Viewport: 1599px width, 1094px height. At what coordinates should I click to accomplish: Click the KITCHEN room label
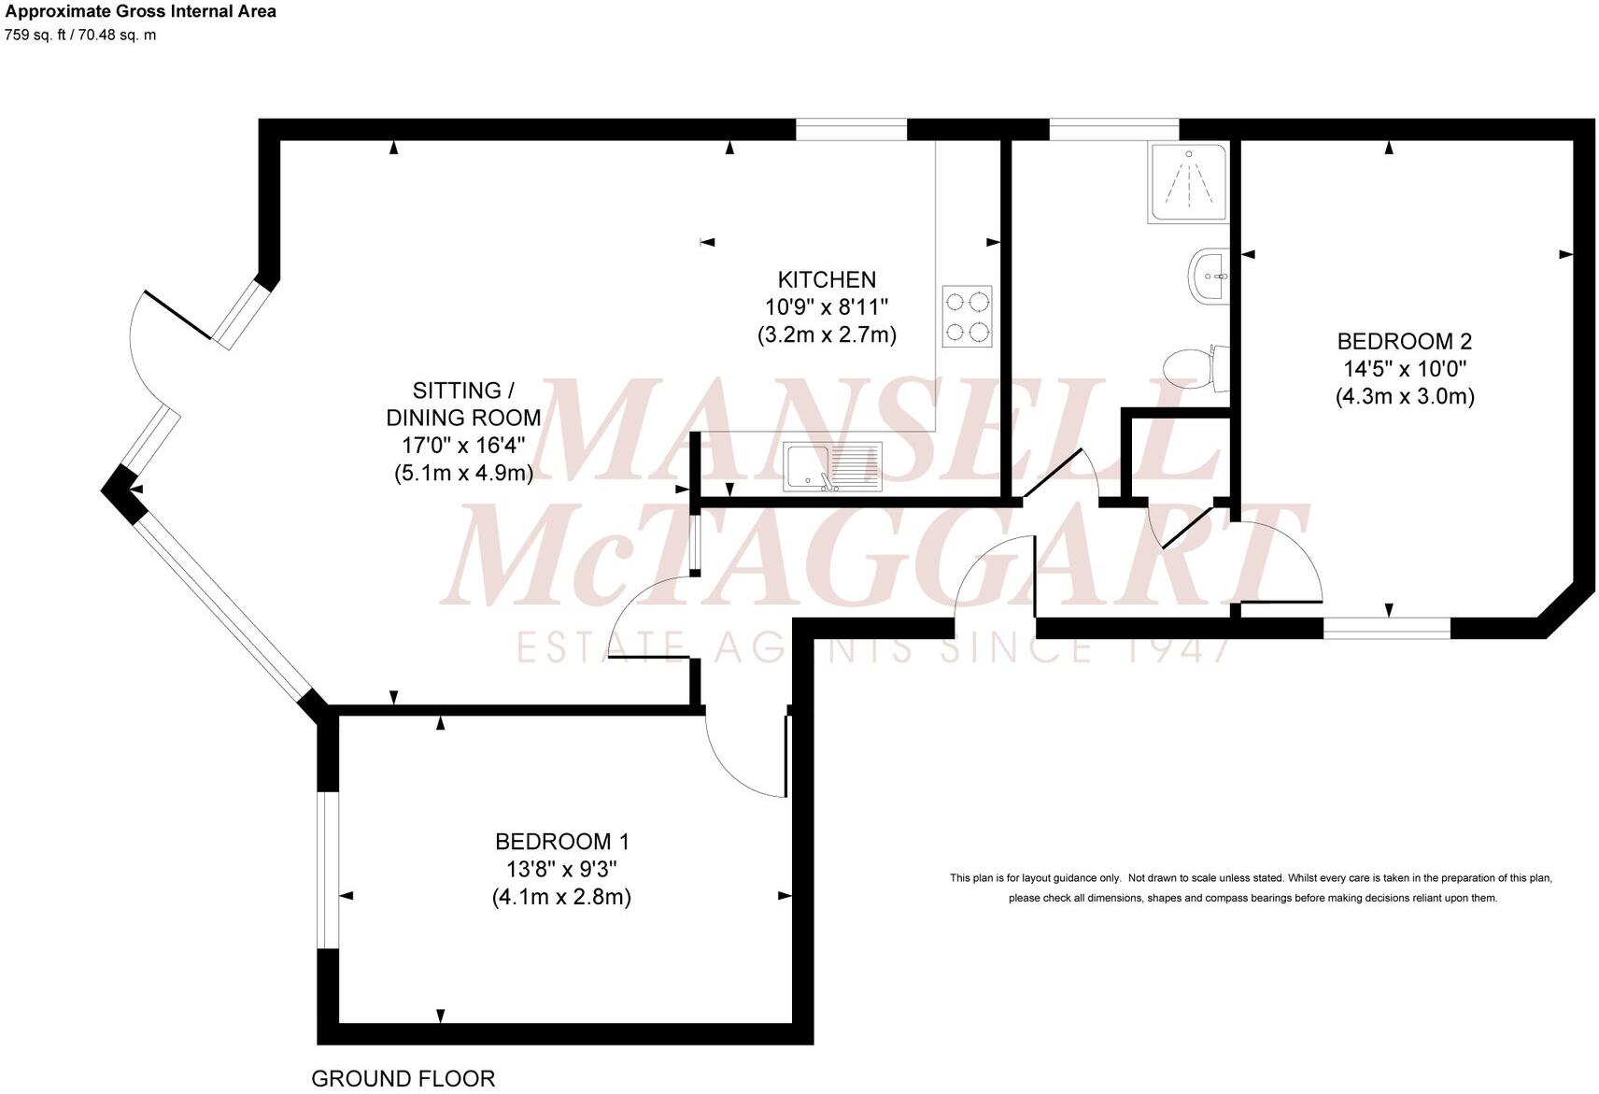point(827,279)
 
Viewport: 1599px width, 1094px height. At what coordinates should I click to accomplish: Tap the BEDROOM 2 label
point(1405,341)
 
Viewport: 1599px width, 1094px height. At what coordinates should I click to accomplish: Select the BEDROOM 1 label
point(561,842)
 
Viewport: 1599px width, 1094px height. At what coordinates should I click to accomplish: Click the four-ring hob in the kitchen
point(967,316)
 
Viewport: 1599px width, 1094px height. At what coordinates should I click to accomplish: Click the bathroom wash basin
point(1209,276)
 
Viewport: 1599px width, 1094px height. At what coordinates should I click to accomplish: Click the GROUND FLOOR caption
point(403,1078)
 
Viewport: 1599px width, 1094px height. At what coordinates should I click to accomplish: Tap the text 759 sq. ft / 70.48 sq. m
point(80,36)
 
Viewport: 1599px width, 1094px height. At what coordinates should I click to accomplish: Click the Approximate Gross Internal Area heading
point(140,12)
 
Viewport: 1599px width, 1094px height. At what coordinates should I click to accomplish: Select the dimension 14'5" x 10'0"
point(1405,369)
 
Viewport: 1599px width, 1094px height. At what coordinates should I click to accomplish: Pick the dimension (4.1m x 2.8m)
point(561,898)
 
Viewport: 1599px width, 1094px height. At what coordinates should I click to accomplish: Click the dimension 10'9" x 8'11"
point(827,306)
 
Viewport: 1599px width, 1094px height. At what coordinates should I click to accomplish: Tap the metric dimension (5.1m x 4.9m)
point(463,473)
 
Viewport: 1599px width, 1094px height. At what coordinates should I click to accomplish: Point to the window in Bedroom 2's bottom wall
point(1387,629)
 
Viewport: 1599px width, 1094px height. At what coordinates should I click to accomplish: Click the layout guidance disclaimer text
point(1252,888)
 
